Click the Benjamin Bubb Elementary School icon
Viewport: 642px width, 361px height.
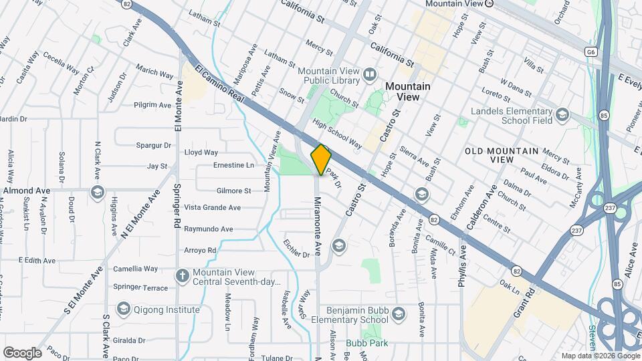399,314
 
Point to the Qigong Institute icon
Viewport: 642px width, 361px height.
123,309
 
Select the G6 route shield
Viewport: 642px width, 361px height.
589,51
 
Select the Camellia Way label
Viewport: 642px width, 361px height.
135,269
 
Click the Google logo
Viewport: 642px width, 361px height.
22,352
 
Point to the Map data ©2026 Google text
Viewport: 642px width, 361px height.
599,356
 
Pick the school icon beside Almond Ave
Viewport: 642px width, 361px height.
98,193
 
